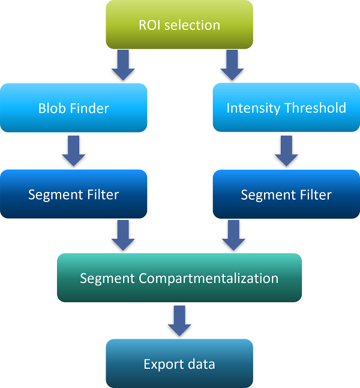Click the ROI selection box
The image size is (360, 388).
pos(179,25)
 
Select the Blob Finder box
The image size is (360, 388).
pos(73,108)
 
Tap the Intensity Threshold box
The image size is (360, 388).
pos(286,108)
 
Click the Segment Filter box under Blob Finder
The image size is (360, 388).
pos(73,194)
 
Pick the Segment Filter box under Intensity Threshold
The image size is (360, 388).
pos(286,194)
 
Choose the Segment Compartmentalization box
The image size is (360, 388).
pos(179,278)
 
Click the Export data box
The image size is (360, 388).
pos(179,363)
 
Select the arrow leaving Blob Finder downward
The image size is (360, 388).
pos(74,151)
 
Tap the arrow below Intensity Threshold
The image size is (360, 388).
pos(286,151)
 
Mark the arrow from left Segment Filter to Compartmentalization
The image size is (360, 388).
pos(123,235)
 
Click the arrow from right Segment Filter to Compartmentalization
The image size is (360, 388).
pos(233,235)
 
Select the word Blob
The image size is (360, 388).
pos(52,109)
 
